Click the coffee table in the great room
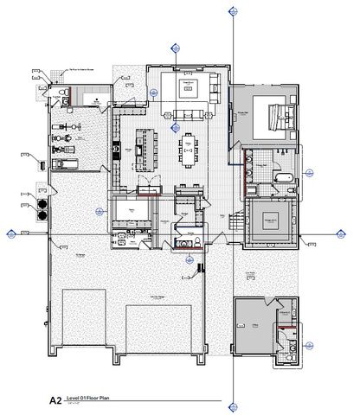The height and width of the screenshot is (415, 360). click(x=190, y=86)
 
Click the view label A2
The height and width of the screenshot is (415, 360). click(x=55, y=400)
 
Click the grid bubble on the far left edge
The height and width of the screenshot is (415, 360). click(x=10, y=233)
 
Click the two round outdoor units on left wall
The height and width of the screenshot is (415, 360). click(x=41, y=211)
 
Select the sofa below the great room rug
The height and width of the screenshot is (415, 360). click(x=189, y=113)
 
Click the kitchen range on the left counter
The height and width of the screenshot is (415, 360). click(x=116, y=148)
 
